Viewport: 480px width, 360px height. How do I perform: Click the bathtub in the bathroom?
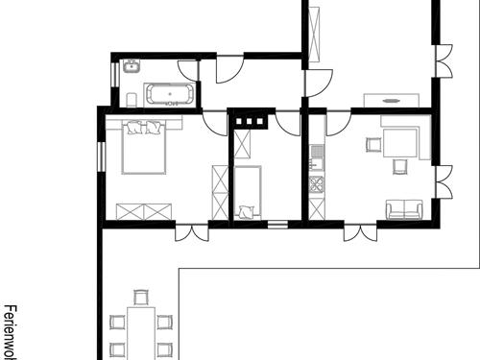point(170,94)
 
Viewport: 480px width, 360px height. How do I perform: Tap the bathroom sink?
point(131,67)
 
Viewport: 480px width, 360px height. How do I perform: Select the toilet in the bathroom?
point(130,100)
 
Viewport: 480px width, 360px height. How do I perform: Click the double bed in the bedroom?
point(144,150)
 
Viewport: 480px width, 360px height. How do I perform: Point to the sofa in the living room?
point(404,209)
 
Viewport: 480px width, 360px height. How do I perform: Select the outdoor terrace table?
point(141,331)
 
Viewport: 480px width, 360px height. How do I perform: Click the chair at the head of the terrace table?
point(141,299)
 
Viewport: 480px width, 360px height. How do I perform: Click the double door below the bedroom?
point(192,232)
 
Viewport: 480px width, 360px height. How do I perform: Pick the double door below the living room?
point(360,232)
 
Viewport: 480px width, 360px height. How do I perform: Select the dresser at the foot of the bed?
point(144,211)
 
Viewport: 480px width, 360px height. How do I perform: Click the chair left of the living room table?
point(372,146)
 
